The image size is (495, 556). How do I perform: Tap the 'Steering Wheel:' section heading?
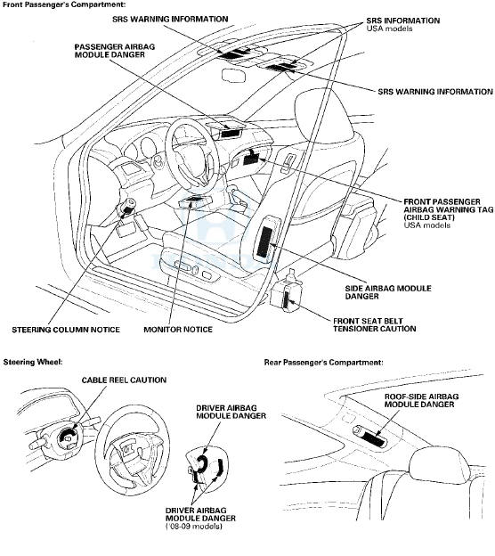[x=29, y=362]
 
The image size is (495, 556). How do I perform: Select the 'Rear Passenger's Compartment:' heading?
[x=323, y=363]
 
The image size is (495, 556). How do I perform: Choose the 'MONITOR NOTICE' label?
[x=178, y=330]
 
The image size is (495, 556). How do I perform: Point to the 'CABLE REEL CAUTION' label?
[x=124, y=380]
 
